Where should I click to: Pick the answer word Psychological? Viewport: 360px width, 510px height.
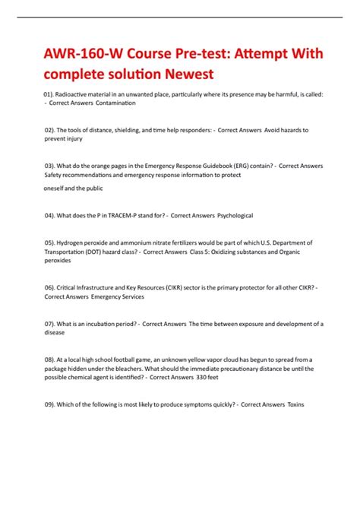tap(229, 215)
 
